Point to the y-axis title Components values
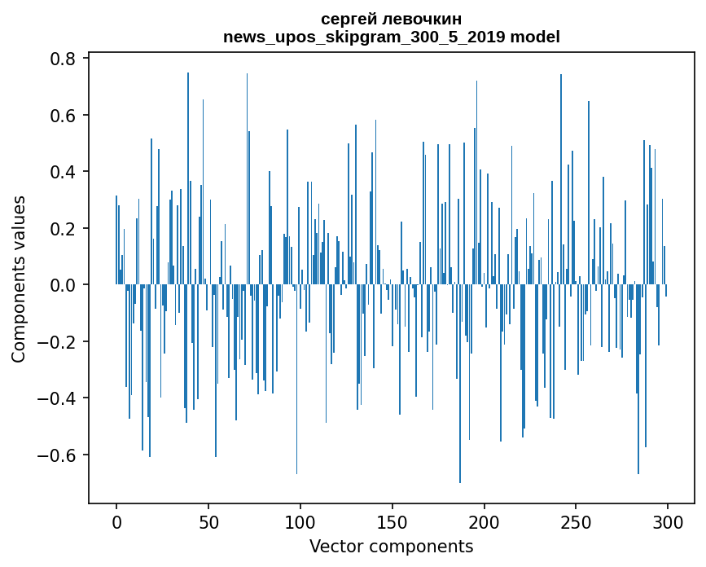pos(19,279)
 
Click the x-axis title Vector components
pos(391,546)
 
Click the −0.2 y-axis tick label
pos(57,342)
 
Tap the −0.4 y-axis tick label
pos(57,398)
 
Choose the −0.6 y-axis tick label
pos(57,455)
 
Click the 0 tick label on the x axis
pos(116,521)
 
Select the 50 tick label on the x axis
pos(208,521)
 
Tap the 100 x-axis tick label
pos(300,521)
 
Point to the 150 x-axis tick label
pos(392,521)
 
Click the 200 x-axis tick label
pos(485,521)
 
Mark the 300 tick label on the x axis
pos(669,521)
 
